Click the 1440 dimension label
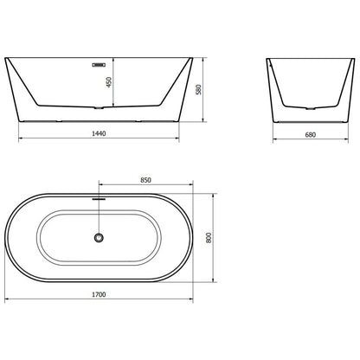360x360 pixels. (x=99, y=133)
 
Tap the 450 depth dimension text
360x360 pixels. (x=109, y=82)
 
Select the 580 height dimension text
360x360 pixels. (x=198, y=89)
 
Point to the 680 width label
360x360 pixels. (x=311, y=134)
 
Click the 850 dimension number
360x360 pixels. (x=145, y=180)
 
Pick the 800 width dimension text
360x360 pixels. (x=209, y=238)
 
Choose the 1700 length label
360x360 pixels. (x=99, y=294)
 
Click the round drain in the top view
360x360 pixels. (x=99, y=238)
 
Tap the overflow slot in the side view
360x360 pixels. (x=99, y=65)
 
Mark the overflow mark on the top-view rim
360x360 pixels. (x=99, y=198)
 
